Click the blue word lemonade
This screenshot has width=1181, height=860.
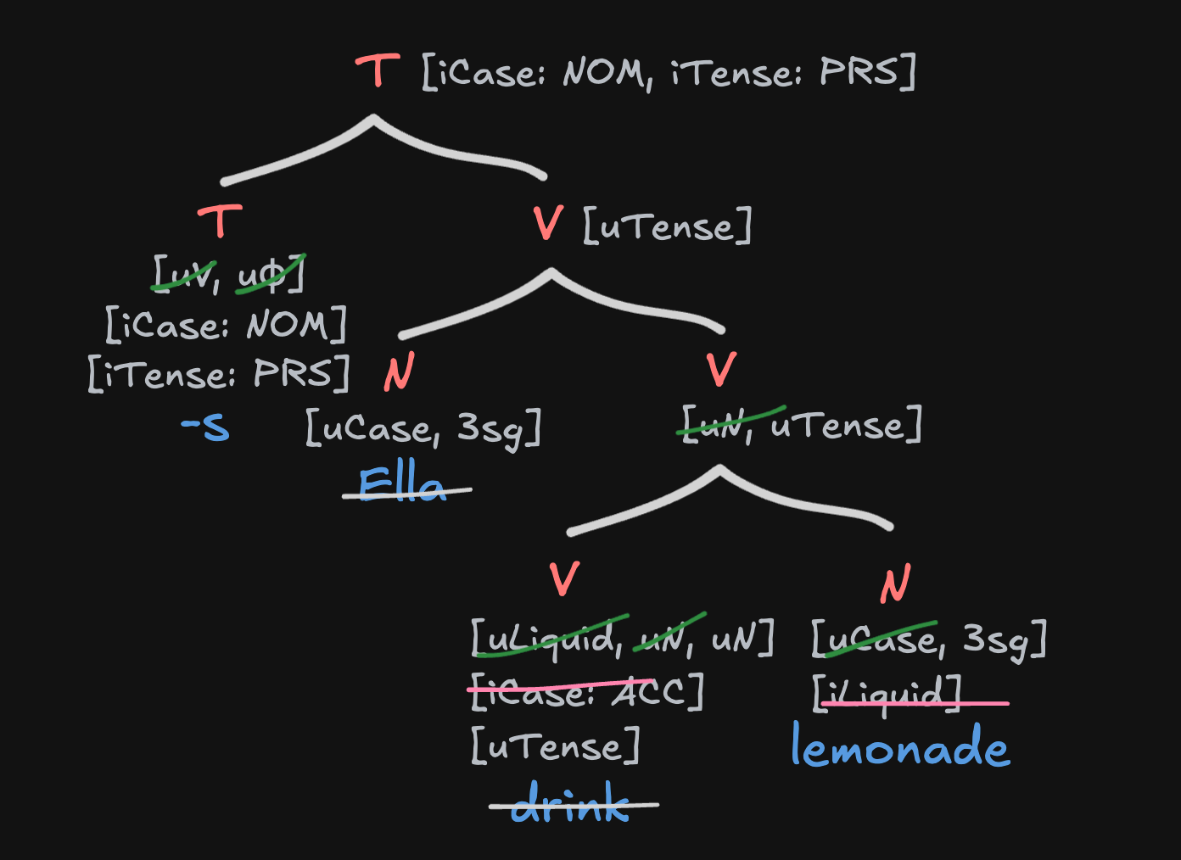pos(900,746)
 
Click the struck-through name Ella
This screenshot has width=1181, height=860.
pos(402,485)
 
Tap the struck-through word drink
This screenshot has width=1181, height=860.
pos(571,803)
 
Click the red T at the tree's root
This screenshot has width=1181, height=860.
pos(378,71)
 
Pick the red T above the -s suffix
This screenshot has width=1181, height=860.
pos(221,221)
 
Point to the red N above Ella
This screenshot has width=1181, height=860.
pos(399,372)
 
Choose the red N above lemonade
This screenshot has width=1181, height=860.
pos(895,584)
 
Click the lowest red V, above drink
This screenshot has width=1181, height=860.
pos(564,579)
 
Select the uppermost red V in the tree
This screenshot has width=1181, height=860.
pos(549,224)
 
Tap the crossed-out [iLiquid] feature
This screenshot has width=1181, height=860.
pos(887,695)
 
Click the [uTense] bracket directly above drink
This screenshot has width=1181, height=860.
pos(556,747)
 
